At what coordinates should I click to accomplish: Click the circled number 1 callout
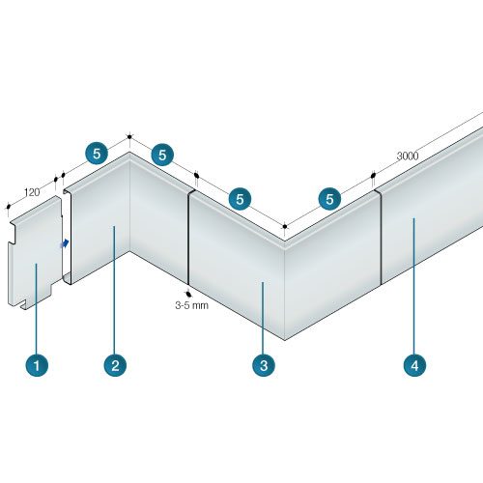pos(37,365)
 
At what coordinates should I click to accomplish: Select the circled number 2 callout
pos(115,365)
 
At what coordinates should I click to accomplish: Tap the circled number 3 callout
pos(264,365)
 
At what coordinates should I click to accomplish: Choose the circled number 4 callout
pos(414,365)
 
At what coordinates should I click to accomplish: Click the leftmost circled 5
pos(97,154)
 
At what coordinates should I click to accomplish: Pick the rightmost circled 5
pos(329,199)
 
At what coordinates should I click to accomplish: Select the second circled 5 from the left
pos(162,155)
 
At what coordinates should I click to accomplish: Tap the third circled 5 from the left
pos(240,199)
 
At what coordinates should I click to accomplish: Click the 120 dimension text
pos(32,192)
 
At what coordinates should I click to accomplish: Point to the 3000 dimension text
pos(408,156)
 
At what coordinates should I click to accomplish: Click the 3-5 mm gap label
pos(192,305)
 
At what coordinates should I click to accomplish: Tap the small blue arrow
pos(65,243)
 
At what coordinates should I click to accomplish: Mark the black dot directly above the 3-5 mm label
pos(188,294)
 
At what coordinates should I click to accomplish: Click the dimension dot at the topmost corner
pos(129,137)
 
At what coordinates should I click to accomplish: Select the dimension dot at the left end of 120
pos(9,206)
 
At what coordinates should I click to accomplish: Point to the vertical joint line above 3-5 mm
pos(188,238)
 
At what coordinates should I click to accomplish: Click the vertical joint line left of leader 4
pos(381,238)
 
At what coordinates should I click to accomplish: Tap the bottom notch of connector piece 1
pos(23,305)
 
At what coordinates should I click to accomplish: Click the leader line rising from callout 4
pos(414,286)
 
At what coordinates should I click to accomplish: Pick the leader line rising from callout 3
pos(263,318)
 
